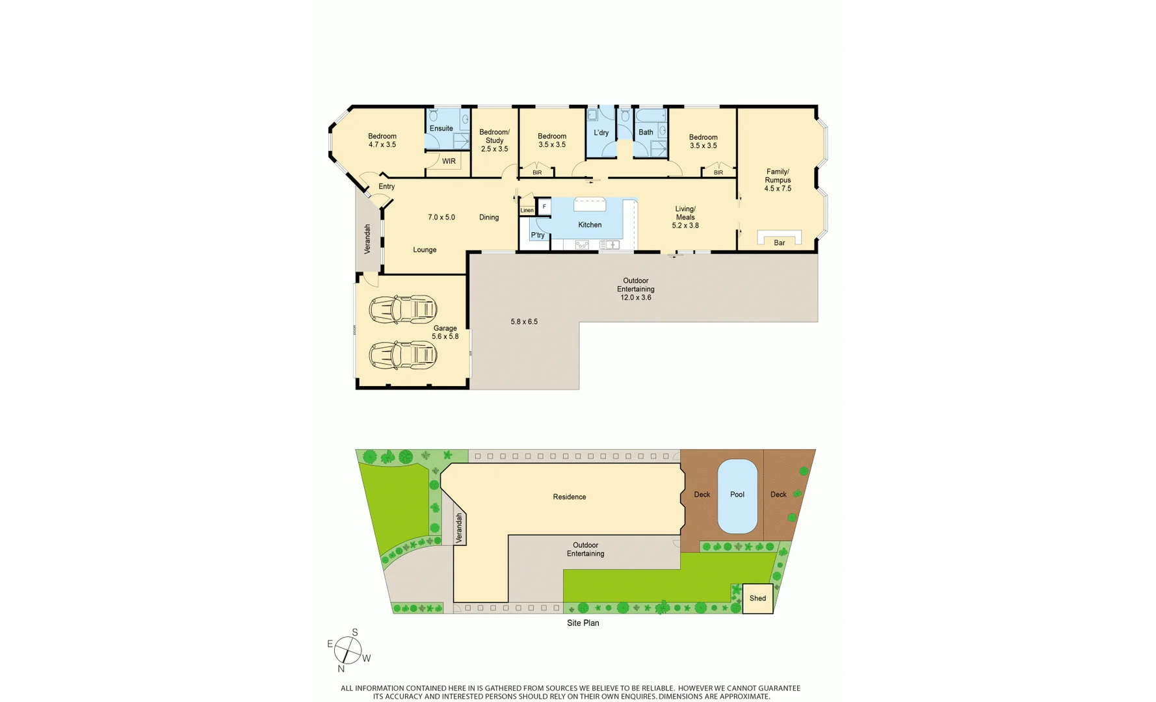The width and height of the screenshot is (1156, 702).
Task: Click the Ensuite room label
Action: pyautogui.click(x=441, y=129)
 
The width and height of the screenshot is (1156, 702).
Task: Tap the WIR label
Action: pyautogui.click(x=449, y=161)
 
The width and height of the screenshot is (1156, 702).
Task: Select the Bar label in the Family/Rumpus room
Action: pyautogui.click(x=779, y=243)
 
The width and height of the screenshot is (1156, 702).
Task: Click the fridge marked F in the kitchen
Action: pyautogui.click(x=544, y=207)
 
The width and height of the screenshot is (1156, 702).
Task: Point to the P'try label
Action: pyautogui.click(x=538, y=235)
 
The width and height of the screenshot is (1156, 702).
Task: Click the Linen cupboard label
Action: pyautogui.click(x=527, y=211)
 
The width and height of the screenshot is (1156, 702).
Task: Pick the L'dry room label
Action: pyautogui.click(x=601, y=133)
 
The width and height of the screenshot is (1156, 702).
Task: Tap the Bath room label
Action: pyautogui.click(x=646, y=133)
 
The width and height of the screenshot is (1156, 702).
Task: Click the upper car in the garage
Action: pyautogui.click(x=402, y=309)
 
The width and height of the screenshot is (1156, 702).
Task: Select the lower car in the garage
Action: pyautogui.click(x=402, y=356)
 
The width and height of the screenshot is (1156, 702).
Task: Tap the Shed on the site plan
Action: pyautogui.click(x=757, y=599)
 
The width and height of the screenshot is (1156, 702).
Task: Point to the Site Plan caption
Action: pyautogui.click(x=583, y=623)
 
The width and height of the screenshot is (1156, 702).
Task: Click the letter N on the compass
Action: pyautogui.click(x=341, y=669)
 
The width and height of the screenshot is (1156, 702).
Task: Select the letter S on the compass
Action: pyautogui.click(x=355, y=632)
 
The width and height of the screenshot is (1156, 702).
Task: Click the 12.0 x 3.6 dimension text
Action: pyautogui.click(x=635, y=298)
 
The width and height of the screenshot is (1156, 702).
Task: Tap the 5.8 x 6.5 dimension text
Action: pyautogui.click(x=524, y=322)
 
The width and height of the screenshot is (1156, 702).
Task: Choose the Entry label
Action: pyautogui.click(x=386, y=187)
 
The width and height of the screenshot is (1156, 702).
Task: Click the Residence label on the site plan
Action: pyautogui.click(x=569, y=497)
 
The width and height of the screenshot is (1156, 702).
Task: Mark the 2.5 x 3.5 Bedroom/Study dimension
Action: pyautogui.click(x=494, y=149)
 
